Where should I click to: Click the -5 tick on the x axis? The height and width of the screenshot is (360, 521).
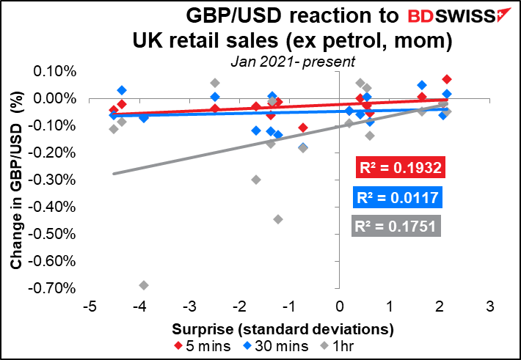88,304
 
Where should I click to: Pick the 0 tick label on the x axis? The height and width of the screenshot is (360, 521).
339,304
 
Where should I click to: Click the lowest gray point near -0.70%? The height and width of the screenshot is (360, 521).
144,285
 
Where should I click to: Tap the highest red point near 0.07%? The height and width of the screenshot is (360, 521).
447,79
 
